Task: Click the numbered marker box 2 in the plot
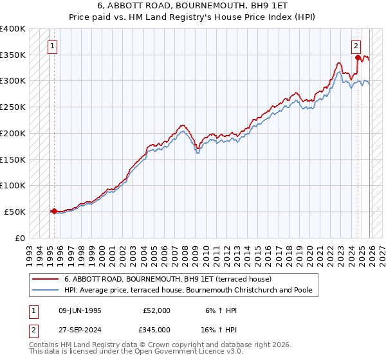[356, 46]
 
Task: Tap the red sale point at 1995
[54, 210]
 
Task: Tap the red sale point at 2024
[358, 57]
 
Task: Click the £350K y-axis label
[13, 55]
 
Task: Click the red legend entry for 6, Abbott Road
[168, 279]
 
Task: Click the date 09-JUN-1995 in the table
[82, 310]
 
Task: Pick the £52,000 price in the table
[157, 310]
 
